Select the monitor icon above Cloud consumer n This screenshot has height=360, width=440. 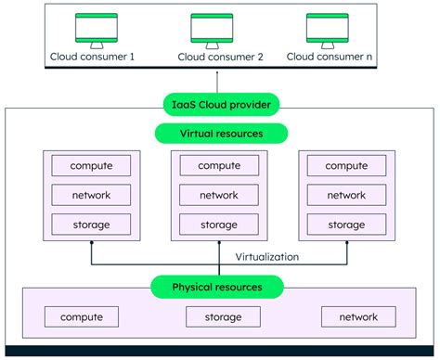(x=331, y=30)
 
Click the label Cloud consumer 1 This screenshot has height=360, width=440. (x=92, y=57)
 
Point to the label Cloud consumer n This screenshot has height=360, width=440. (x=331, y=57)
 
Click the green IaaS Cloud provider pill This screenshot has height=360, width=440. (x=219, y=106)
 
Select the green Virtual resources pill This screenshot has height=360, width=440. (x=219, y=134)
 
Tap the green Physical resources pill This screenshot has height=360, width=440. (x=219, y=288)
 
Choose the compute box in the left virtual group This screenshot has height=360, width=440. (x=91, y=166)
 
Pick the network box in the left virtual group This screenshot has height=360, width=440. (x=91, y=195)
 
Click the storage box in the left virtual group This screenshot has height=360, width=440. (x=91, y=224)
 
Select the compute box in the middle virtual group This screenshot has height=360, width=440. (x=219, y=166)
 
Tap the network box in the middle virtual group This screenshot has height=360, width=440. (x=219, y=195)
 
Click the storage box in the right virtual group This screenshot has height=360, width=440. (x=346, y=224)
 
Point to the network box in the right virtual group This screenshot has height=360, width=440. (x=346, y=195)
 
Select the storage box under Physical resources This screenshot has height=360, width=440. (x=219, y=317)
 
